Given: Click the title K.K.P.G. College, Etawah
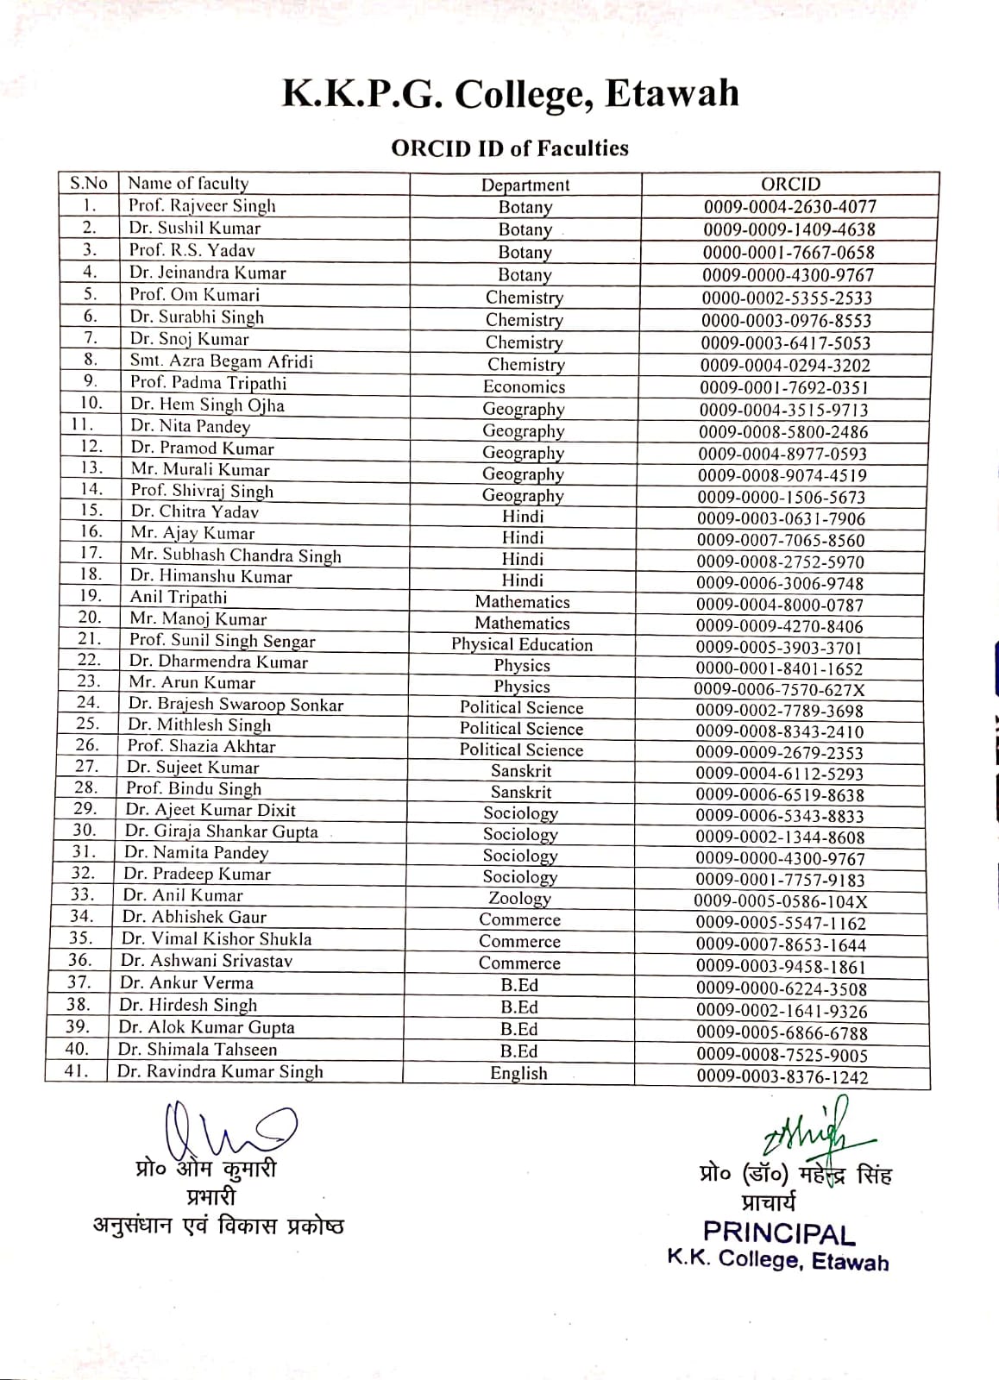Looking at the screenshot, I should [510, 93].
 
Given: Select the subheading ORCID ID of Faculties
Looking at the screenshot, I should [510, 148].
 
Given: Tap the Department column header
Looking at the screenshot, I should [525, 185].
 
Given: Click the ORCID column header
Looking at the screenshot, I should [790, 184].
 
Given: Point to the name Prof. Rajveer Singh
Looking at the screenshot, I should [202, 206].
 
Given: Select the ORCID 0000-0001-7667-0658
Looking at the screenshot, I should [789, 253].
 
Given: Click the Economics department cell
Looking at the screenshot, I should [524, 387].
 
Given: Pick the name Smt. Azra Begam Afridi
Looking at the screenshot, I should [222, 361].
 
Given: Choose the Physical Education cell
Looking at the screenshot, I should [522, 644].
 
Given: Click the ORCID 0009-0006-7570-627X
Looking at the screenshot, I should [780, 689].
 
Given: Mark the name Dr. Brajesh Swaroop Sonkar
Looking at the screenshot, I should [236, 704].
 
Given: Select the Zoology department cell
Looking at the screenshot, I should [519, 898].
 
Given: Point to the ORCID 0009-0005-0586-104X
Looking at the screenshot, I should [781, 901].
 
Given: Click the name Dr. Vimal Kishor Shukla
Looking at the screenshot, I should [217, 938].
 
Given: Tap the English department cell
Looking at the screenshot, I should [518, 1073].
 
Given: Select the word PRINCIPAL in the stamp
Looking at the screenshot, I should [779, 1233].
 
